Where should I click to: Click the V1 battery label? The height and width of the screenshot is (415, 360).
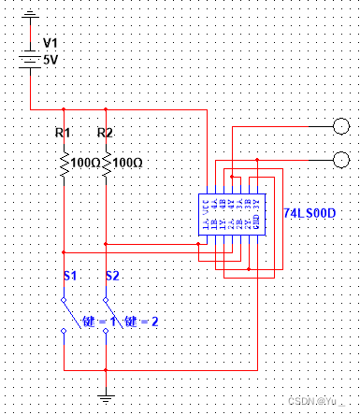tap(51, 42)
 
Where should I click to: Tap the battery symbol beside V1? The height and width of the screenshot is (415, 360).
tap(31, 54)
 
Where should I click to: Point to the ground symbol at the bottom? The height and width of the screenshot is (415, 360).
tap(107, 396)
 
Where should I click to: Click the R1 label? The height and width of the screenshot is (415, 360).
tap(63, 133)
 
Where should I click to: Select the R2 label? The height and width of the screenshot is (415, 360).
tap(105, 133)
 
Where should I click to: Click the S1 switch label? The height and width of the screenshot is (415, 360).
tap(69, 276)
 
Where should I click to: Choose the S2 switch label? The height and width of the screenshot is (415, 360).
tap(112, 276)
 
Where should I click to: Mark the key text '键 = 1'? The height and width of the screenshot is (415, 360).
tap(96, 322)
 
